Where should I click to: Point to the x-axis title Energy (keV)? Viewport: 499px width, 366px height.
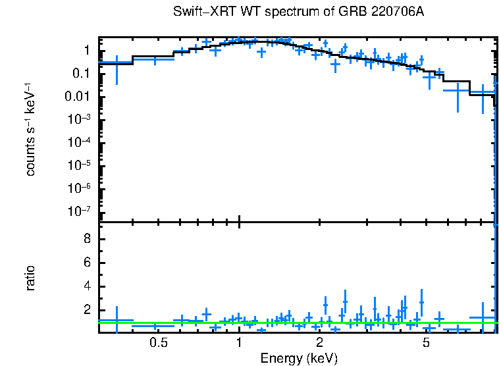[x=299, y=358]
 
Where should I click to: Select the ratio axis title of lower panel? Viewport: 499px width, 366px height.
[x=31, y=278]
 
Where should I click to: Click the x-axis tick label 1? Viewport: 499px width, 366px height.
[x=239, y=342]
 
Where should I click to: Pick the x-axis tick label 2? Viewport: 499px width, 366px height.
[x=319, y=342]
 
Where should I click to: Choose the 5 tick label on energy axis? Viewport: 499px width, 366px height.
[x=426, y=342]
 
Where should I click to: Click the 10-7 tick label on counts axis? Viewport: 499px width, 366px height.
[x=82, y=211]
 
